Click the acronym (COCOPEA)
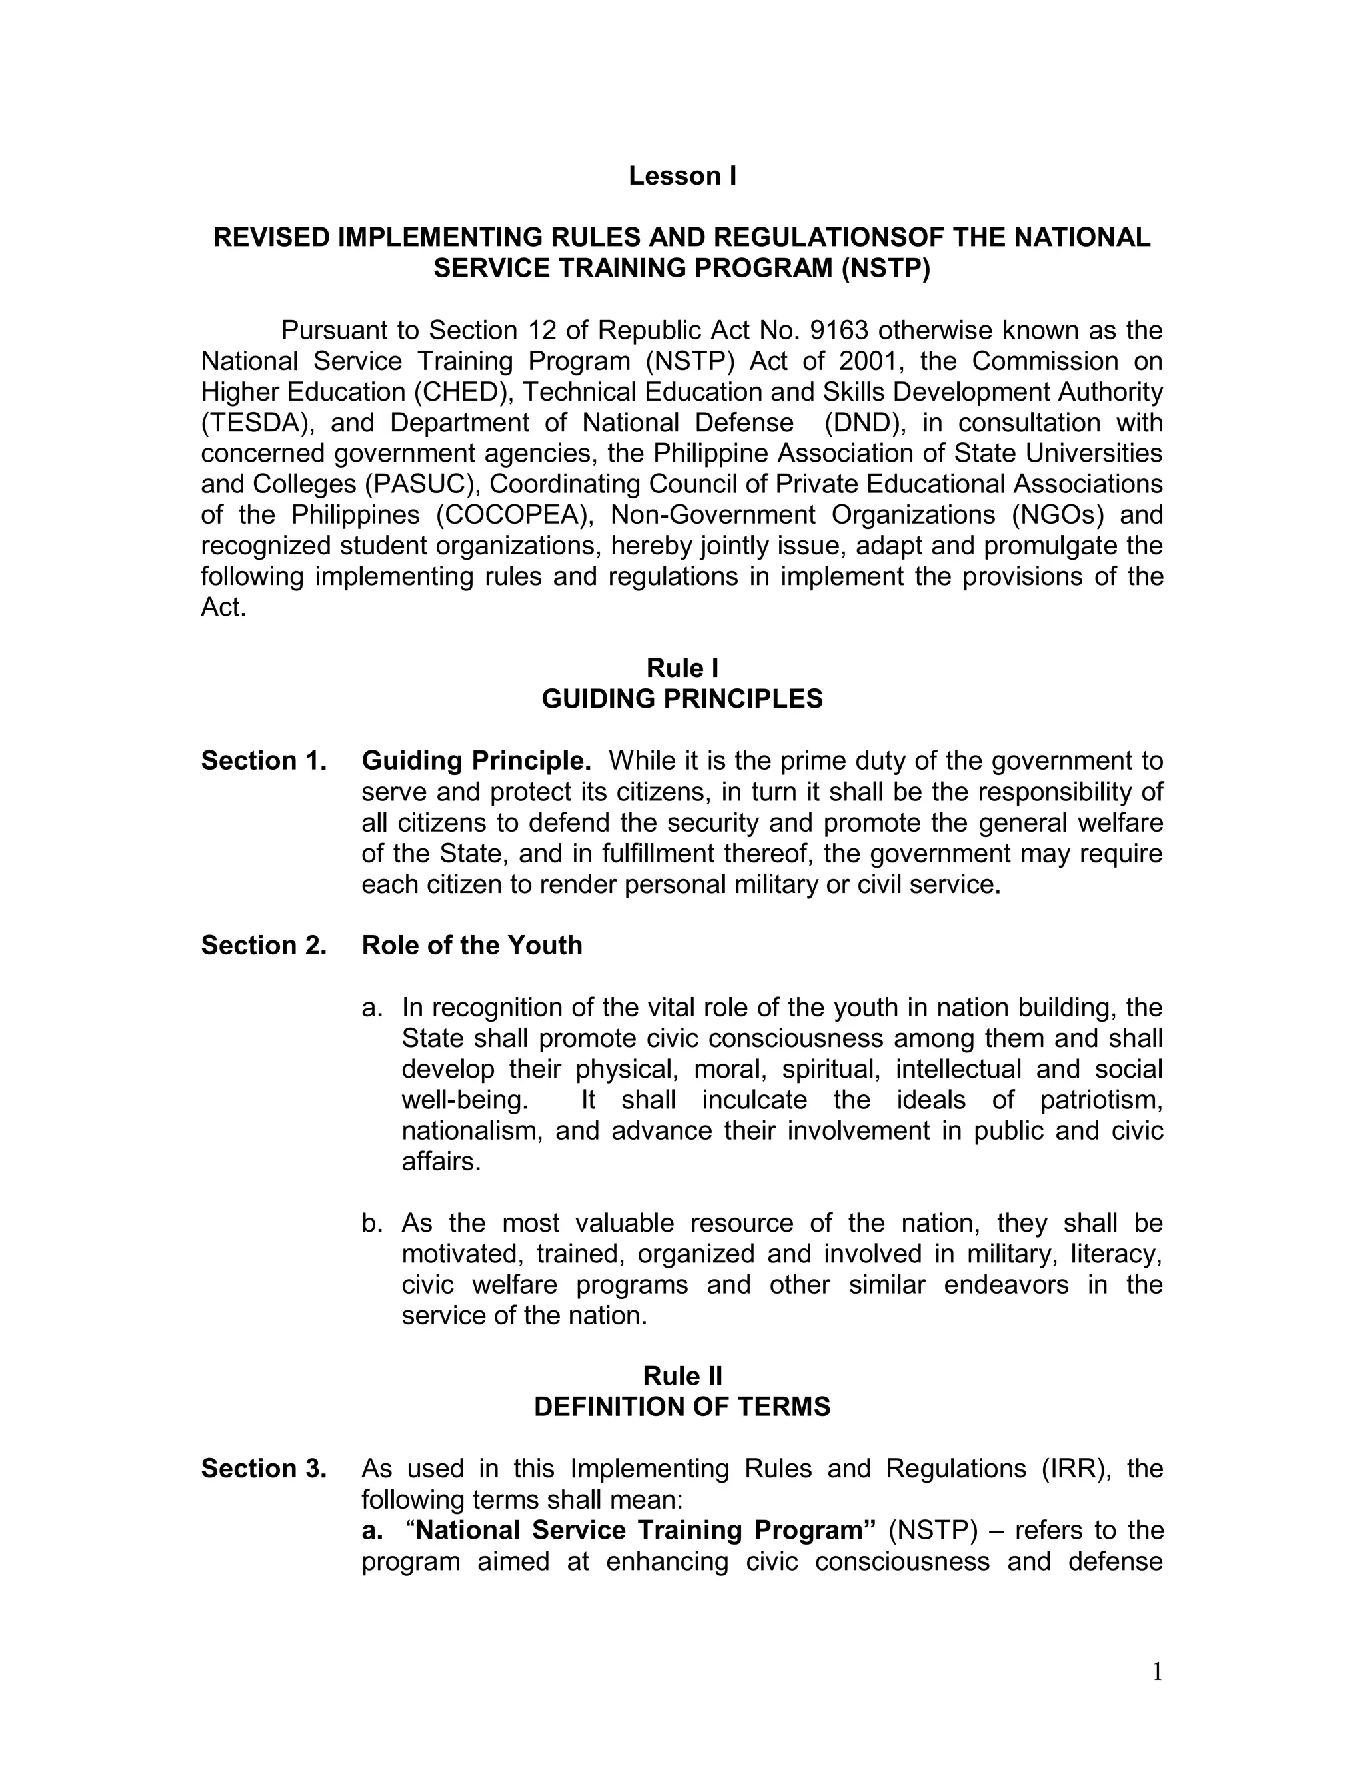pyautogui.click(x=515, y=515)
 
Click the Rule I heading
pyautogui.click(x=682, y=668)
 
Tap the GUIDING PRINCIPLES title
pyautogui.click(x=682, y=698)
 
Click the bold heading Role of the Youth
pyautogui.click(x=471, y=945)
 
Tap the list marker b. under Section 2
pyautogui.click(x=371, y=1223)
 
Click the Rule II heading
pyautogui.click(x=682, y=1376)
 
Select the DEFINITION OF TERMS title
pyautogui.click(x=682, y=1407)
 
